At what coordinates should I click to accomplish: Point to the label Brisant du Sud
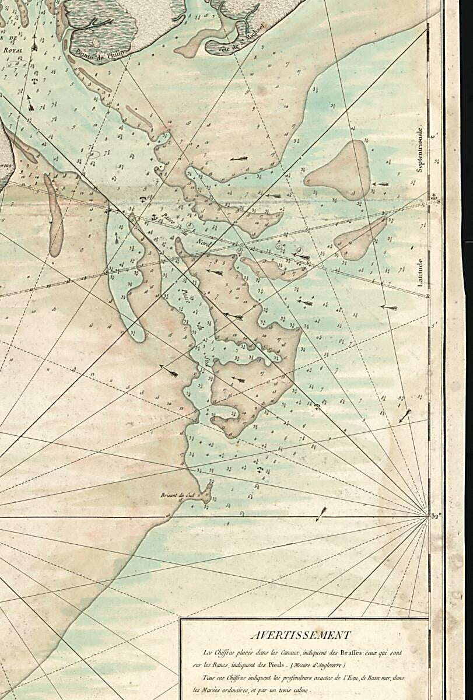[177, 496]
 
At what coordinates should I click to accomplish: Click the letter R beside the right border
[429, 296]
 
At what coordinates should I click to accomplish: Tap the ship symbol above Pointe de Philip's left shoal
[35, 42]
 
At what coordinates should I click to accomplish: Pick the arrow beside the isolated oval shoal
[380, 184]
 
